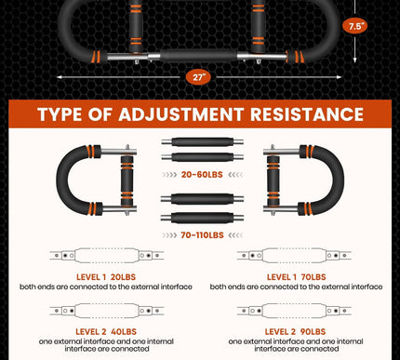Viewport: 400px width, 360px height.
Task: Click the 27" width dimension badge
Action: coord(198,77)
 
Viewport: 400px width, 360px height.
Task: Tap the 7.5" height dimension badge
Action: coord(355,26)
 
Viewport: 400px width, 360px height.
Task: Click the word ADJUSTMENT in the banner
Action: coord(180,114)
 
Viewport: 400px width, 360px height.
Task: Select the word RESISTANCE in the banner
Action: coord(307,114)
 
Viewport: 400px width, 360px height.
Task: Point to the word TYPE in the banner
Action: coord(59,114)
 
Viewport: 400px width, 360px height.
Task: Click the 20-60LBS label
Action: coord(202,175)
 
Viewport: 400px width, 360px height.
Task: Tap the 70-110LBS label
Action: coord(202,235)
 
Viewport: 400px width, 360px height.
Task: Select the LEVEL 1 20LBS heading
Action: coord(106,277)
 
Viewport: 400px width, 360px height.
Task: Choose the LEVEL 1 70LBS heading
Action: coord(296,277)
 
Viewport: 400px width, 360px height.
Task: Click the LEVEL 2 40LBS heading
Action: coord(106,331)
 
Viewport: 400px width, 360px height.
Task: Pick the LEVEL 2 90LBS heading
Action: coord(295,331)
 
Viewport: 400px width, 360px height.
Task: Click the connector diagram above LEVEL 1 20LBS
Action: coord(107,256)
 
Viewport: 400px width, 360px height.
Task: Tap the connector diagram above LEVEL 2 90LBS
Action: coord(294,311)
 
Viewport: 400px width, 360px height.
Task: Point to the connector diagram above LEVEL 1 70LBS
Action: coord(294,256)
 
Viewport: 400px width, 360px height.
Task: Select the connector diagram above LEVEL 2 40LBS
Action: coord(107,311)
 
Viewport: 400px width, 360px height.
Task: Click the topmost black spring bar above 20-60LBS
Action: coord(202,142)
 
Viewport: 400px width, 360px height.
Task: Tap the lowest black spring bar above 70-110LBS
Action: coord(202,218)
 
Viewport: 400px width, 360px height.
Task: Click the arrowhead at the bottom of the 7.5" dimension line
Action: coord(355,60)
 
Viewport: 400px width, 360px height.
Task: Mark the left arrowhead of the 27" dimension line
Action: coord(59,77)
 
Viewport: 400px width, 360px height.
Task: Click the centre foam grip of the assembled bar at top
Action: coord(198,56)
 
